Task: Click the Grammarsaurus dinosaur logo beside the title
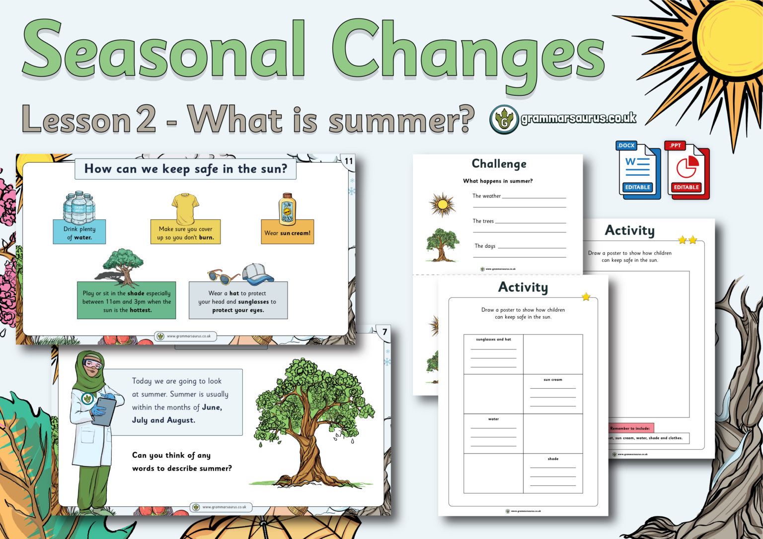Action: coord(504,120)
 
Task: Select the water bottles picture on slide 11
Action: coord(79,207)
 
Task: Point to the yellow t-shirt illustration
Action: coord(185,208)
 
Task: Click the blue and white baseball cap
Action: coord(258,273)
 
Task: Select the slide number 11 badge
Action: coord(349,161)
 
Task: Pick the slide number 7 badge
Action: coord(384,332)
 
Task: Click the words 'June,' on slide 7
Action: coord(212,407)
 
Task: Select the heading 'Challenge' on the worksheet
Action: coord(499,164)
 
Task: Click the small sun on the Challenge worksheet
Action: coord(442,204)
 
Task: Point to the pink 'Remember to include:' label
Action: coord(630,428)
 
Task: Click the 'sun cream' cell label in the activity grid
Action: coord(553,380)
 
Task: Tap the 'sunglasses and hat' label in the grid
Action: coord(493,339)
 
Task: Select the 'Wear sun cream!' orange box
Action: coord(287,232)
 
